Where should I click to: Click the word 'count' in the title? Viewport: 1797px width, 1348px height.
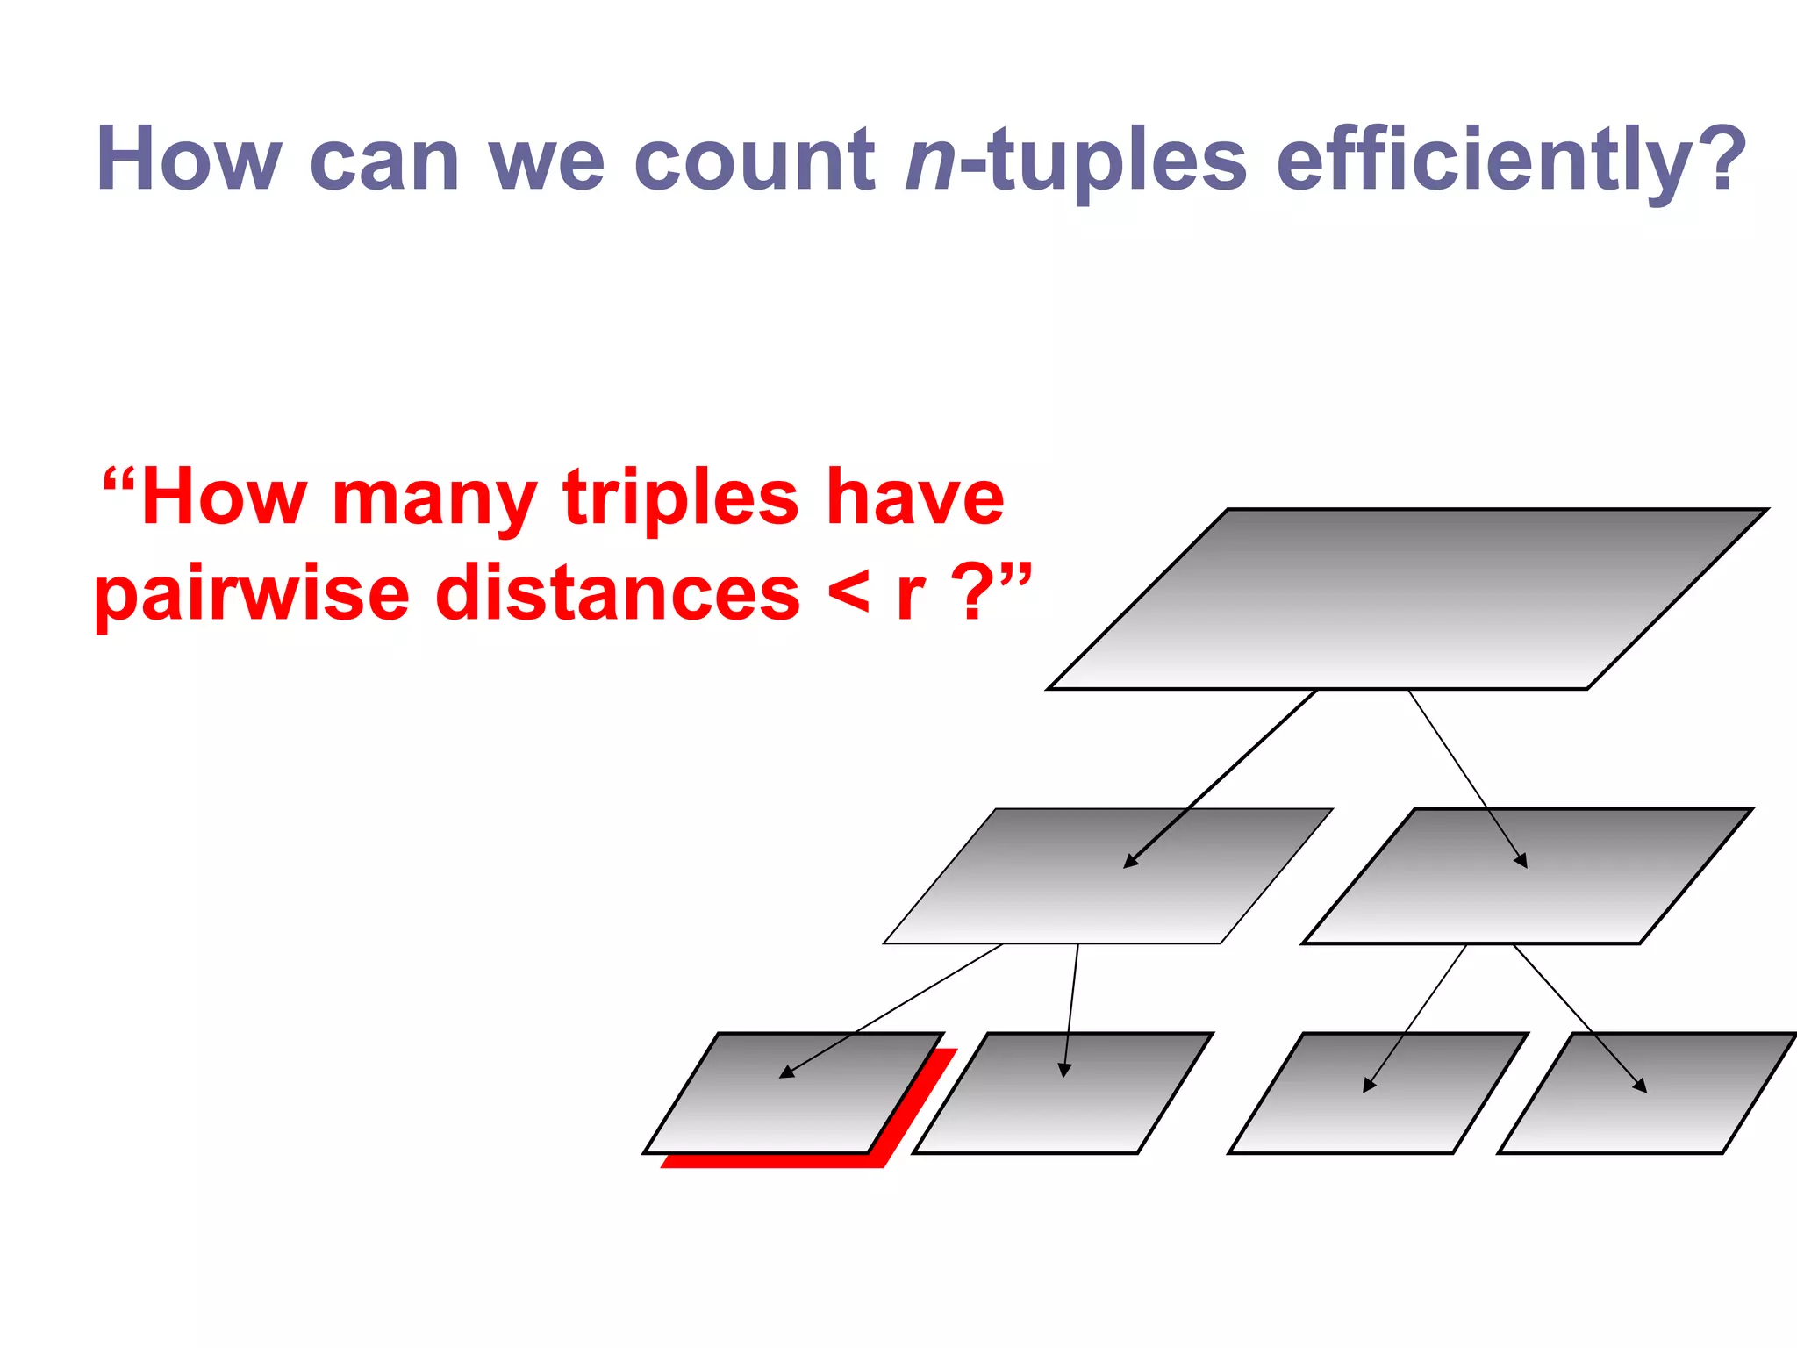[x=754, y=160]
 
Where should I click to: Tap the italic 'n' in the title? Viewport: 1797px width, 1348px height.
[x=930, y=161]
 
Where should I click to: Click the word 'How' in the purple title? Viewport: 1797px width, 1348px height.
[x=188, y=160]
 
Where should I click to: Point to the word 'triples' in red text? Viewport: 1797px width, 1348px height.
[x=680, y=498]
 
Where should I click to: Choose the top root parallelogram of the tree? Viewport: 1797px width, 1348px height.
[x=1407, y=599]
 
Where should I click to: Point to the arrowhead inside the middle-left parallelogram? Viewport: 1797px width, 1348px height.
[x=1130, y=862]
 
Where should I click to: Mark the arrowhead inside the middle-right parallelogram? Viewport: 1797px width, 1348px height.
[x=1522, y=862]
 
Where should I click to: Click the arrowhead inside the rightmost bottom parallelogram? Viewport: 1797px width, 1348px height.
[x=1641, y=1086]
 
